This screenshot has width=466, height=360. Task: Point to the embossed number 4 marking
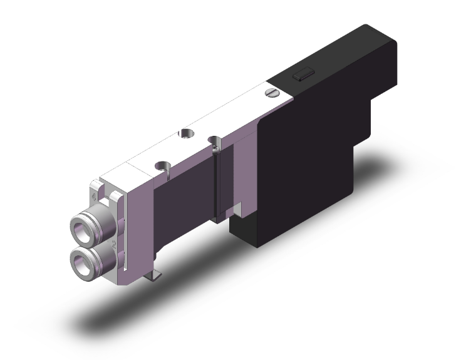(x=95, y=198)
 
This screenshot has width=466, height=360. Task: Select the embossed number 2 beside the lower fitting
(x=114, y=243)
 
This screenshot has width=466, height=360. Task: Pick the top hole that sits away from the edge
(x=186, y=133)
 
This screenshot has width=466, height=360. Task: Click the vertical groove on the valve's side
(x=216, y=188)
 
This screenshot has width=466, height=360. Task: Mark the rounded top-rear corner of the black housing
(x=388, y=38)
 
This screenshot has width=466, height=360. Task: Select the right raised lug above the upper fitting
(x=115, y=198)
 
